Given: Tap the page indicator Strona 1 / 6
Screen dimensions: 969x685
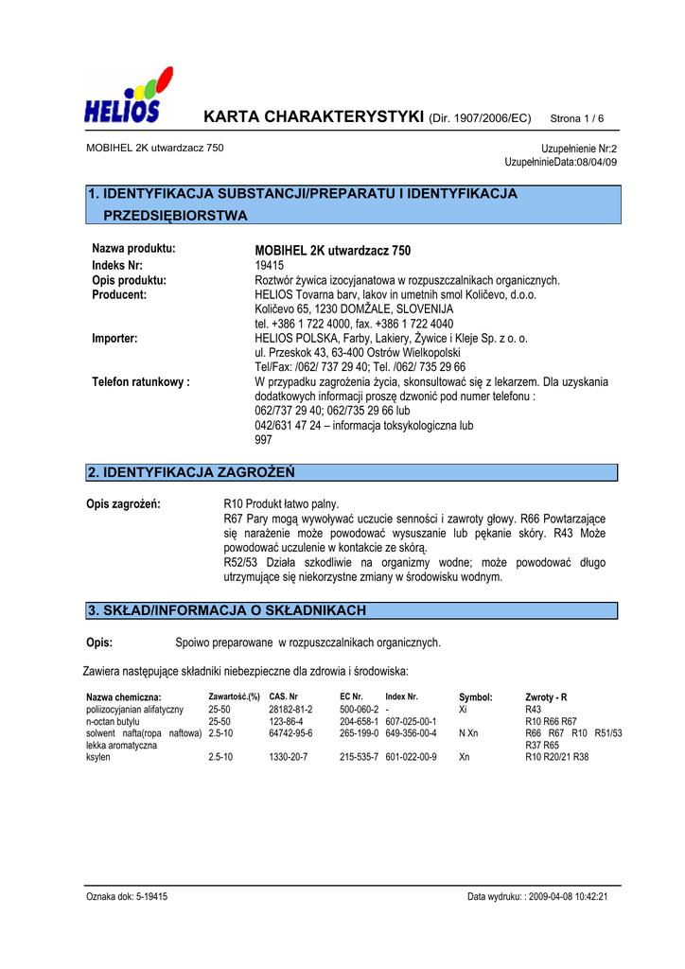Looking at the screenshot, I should (576, 118).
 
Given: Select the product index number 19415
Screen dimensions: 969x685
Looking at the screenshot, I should (270, 266).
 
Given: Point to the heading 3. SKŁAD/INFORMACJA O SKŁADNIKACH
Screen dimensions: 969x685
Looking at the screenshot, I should (226, 610).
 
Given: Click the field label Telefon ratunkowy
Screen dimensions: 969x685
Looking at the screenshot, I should (141, 382).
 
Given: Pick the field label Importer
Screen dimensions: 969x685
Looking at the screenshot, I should (114, 338).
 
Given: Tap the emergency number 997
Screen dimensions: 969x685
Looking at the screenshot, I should (263, 440).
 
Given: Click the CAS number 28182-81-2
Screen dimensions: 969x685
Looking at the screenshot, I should (290, 709).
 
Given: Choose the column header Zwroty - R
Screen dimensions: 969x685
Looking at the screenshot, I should (546, 697).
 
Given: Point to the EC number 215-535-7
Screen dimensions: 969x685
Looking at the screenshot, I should (359, 757).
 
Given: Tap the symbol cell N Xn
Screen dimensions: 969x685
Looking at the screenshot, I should (468, 733).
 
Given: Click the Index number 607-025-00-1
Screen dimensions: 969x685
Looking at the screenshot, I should (411, 721).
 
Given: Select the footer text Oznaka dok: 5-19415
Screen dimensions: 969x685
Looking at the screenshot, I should (127, 896).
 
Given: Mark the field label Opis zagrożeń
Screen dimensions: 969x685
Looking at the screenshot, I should (123, 503).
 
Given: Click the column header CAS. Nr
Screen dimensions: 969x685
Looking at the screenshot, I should (283, 697).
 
